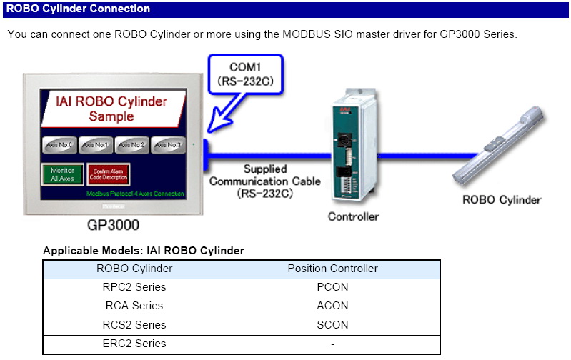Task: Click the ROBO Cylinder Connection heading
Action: pyautogui.click(x=79, y=9)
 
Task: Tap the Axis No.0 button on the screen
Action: pyautogui.click(x=59, y=145)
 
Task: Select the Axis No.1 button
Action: pyautogui.click(x=95, y=145)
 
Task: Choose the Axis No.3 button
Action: pyautogui.click(x=169, y=145)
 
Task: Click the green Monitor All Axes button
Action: pyautogui.click(x=62, y=174)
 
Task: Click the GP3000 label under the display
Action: pyautogui.click(x=113, y=225)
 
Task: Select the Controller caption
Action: pyautogui.click(x=353, y=216)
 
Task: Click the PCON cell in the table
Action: pyautogui.click(x=332, y=287)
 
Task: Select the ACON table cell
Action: pyautogui.click(x=332, y=306)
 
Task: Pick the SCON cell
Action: pyautogui.click(x=332, y=324)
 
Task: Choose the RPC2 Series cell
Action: pyautogui.click(x=134, y=287)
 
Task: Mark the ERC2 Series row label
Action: pyautogui.click(x=134, y=344)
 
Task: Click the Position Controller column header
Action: pyautogui.click(x=332, y=269)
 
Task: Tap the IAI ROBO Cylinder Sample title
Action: pyautogui.click(x=111, y=108)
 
